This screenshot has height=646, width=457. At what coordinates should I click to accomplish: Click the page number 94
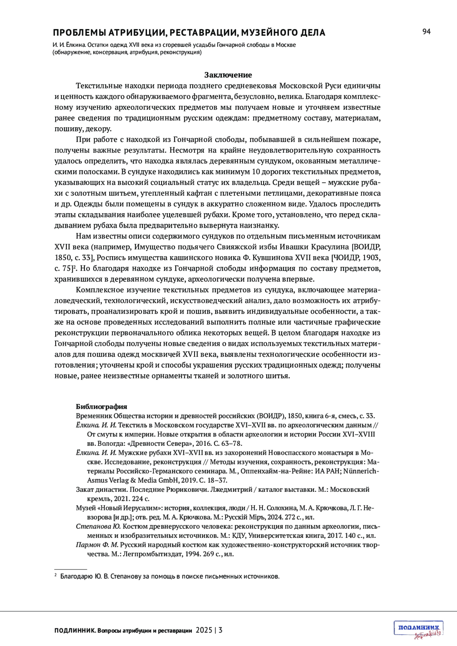pyautogui.click(x=426, y=32)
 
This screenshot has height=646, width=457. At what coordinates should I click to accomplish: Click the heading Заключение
pyautogui.click(x=228, y=75)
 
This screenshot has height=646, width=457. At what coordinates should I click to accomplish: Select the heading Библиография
pyautogui.click(x=101, y=406)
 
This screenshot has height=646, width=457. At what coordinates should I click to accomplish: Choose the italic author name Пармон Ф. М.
pyautogui.click(x=97, y=545)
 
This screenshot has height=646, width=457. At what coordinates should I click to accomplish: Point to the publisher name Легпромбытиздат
pyautogui.click(x=157, y=554)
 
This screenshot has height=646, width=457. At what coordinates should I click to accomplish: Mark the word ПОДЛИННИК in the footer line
pyautogui.click(x=75, y=630)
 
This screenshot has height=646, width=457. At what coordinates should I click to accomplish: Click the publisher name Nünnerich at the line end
pyautogui.click(x=361, y=471)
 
